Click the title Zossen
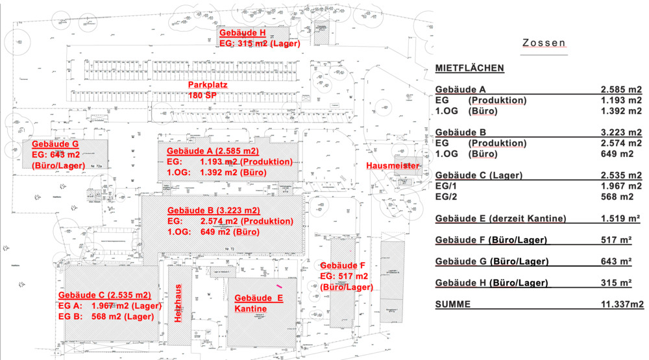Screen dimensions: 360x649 (544, 43)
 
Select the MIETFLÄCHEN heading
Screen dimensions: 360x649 (470, 68)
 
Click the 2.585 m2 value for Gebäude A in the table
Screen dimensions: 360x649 (620, 90)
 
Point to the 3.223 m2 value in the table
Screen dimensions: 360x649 (620, 132)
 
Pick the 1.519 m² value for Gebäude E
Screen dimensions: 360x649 (621, 219)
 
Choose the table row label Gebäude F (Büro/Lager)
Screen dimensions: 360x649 (491, 240)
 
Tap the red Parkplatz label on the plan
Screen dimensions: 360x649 (208, 86)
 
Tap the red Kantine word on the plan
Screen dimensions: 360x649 (251, 309)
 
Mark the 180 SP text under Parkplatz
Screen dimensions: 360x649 (203, 95)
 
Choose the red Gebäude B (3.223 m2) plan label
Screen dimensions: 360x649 (214, 211)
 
